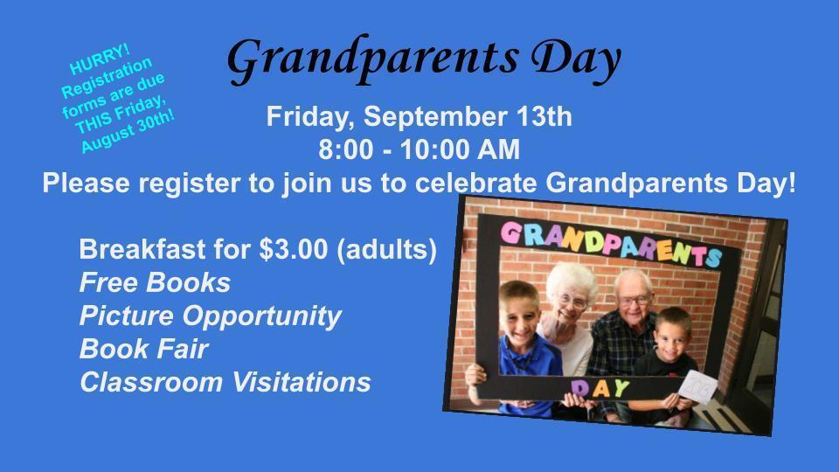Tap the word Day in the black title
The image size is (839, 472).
576,58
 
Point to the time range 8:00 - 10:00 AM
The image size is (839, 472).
419,150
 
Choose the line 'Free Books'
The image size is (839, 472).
155,282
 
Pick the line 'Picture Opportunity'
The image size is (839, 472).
210,316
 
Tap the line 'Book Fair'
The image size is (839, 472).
143,349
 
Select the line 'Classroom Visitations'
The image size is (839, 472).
225,382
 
